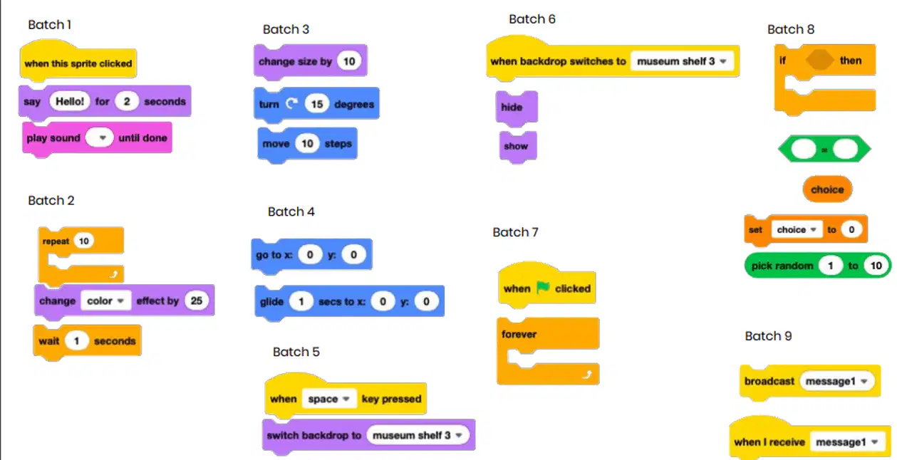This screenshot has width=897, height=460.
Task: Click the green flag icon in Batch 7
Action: pos(543,288)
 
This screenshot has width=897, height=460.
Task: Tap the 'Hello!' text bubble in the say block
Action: pos(70,101)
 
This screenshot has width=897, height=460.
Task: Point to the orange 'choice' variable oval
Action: pos(827,189)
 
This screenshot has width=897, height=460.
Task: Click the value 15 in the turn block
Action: pos(317,104)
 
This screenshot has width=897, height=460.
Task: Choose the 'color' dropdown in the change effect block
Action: pos(105,300)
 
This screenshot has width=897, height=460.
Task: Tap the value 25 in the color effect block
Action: pos(196,300)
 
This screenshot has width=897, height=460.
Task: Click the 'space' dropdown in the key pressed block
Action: pos(328,399)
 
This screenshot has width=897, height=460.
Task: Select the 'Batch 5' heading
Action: pos(296,352)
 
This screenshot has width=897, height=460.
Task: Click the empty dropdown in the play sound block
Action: pos(99,138)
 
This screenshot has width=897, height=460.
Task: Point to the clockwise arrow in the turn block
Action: pos(292,104)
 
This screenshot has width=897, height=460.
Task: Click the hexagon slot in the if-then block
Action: pos(820,61)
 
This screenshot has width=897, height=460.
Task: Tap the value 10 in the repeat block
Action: pos(83,241)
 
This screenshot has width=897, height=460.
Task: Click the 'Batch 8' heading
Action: pos(790,29)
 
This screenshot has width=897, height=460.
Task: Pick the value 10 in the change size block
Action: pos(349,61)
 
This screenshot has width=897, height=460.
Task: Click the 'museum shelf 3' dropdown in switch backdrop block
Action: pos(418,435)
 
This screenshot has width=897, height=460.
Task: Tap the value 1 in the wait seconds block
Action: pos(76,341)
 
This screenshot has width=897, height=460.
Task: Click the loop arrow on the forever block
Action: pos(586,375)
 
